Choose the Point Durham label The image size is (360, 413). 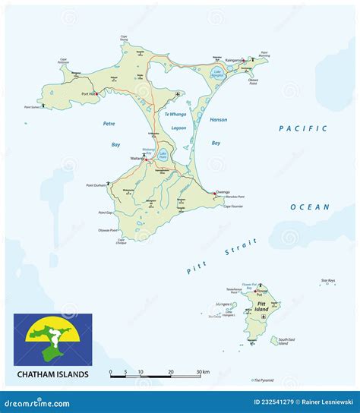point(96,186)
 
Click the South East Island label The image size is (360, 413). point(286,341)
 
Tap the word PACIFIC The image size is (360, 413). point(303,129)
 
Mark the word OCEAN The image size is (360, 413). point(310,206)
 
